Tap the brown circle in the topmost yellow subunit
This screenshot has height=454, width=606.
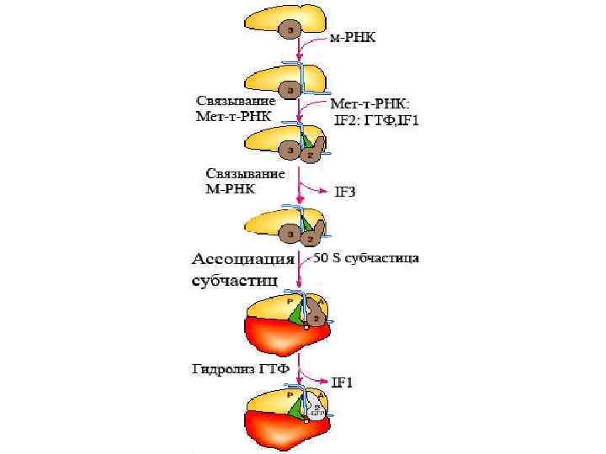click(290, 31)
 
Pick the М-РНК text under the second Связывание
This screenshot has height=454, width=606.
click(231, 187)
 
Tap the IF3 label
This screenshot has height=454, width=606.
click(345, 192)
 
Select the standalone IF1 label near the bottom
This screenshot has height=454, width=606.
click(341, 384)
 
